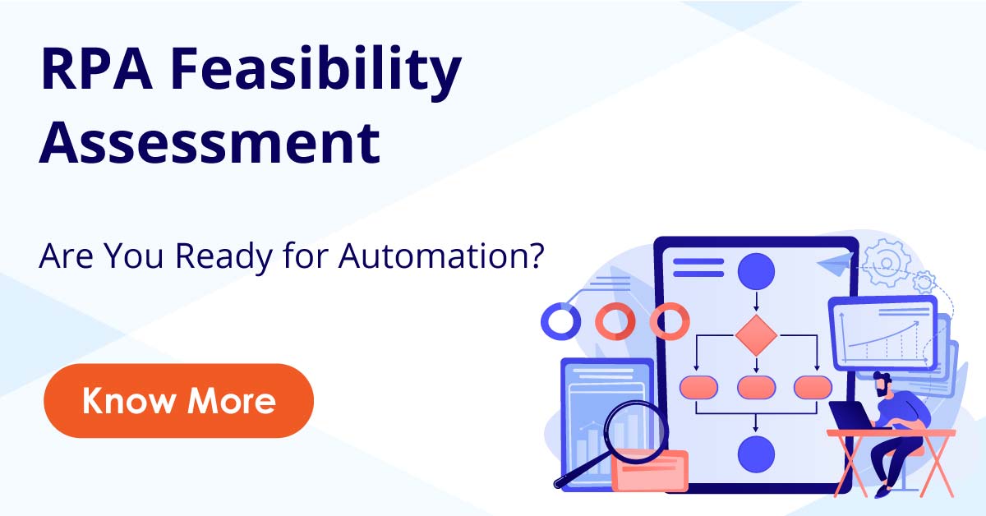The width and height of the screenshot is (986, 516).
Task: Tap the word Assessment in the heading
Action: coord(210,141)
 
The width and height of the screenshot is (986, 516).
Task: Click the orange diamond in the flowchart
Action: coord(756,334)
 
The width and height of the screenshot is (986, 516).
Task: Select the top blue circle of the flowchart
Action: coord(756,271)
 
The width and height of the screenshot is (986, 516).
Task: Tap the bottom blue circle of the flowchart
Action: coord(756,454)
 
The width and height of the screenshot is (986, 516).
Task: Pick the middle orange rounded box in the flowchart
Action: coord(756,386)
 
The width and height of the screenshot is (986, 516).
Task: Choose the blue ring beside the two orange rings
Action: coord(560,320)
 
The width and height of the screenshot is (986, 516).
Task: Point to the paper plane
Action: coord(836,265)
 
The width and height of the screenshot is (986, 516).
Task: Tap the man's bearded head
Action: coord(882,385)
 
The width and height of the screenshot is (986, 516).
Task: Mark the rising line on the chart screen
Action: coord(882,337)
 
